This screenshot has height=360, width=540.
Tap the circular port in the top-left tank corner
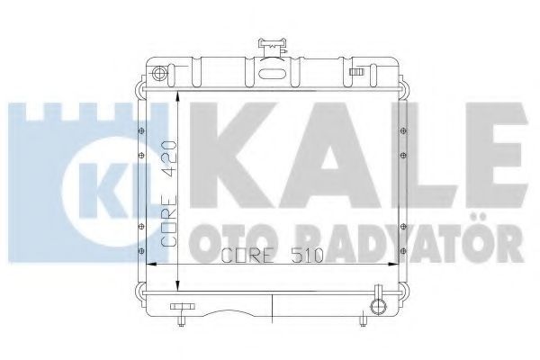[159, 74]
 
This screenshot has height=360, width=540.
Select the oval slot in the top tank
[273, 74]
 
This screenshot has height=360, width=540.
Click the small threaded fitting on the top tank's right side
[356, 72]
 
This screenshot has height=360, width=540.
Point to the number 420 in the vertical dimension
[169, 152]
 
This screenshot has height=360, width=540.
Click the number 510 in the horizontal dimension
[308, 255]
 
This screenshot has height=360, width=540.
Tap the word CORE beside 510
[247, 255]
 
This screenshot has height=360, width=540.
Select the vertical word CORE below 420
[169, 220]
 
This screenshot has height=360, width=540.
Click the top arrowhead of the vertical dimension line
[177, 96]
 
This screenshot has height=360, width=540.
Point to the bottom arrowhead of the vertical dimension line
[177, 285]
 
